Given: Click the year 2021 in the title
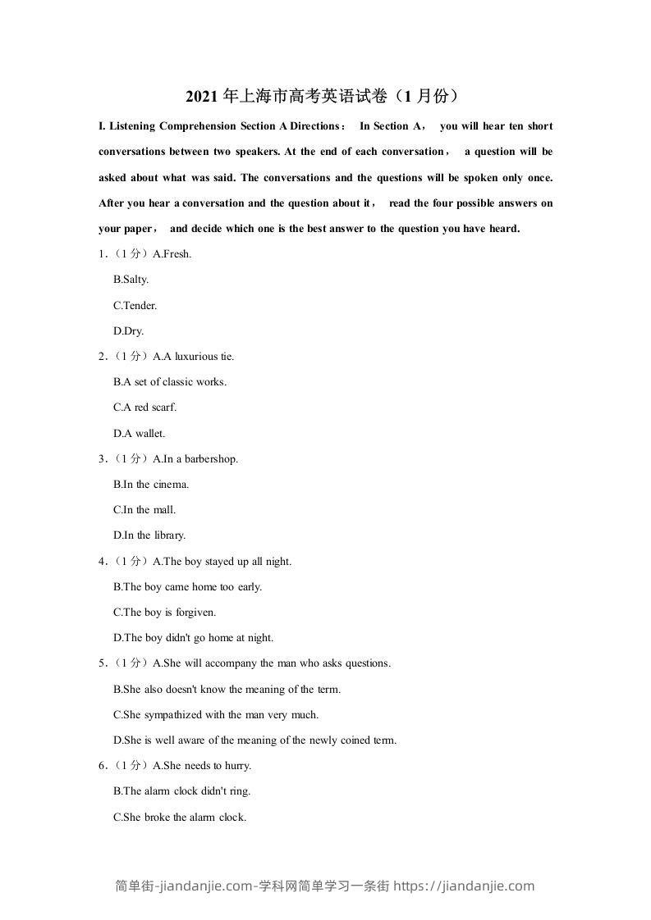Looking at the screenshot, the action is pyautogui.click(x=199, y=97).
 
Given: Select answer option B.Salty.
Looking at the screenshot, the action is pyautogui.click(x=131, y=280).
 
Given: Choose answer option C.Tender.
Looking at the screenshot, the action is pyautogui.click(x=135, y=305).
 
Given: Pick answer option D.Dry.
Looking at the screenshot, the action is pyautogui.click(x=128, y=331).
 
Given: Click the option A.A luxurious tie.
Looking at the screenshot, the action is pyautogui.click(x=194, y=357).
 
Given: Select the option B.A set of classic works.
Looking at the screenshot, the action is pyautogui.click(x=169, y=382).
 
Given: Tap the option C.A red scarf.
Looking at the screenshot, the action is pyautogui.click(x=144, y=408).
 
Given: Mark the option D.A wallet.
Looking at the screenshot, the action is pyautogui.click(x=139, y=433).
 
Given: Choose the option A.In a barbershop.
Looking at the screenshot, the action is pyautogui.click(x=195, y=459).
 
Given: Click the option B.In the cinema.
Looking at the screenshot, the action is pyautogui.click(x=151, y=485).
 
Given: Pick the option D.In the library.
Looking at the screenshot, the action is pyautogui.click(x=149, y=535).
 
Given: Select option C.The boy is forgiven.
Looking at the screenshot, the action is pyautogui.click(x=164, y=613).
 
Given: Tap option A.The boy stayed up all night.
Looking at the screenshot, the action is pyautogui.click(x=222, y=562).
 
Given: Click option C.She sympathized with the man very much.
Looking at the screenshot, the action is pyautogui.click(x=216, y=715).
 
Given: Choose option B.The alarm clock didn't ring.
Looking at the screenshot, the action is pyautogui.click(x=181, y=791).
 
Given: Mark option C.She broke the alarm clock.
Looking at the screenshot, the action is pyautogui.click(x=179, y=817).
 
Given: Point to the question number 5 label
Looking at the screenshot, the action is pyautogui.click(x=102, y=663).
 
